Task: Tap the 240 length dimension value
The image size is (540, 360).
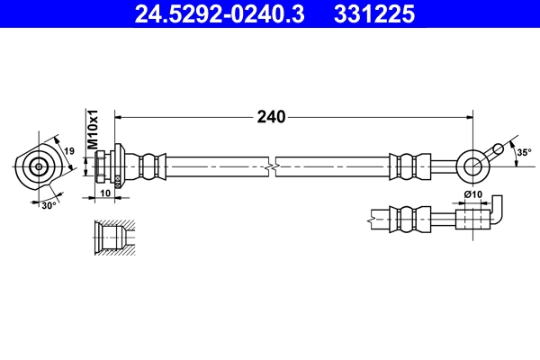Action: click(x=272, y=116)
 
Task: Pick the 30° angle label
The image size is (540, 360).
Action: click(x=49, y=204)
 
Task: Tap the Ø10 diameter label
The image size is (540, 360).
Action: click(x=472, y=194)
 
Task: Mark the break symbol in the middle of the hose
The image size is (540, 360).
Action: click(x=271, y=166)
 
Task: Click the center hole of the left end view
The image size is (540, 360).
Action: click(x=39, y=166)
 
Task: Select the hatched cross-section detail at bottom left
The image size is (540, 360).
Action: click(x=112, y=238)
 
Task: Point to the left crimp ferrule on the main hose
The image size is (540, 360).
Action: click(x=151, y=166)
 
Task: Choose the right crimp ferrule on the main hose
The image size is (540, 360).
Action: click(x=406, y=166)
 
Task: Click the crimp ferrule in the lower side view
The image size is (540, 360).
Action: click(x=406, y=217)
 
